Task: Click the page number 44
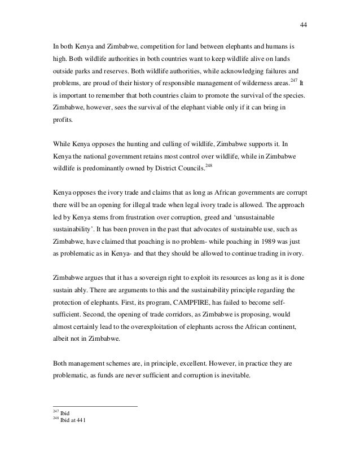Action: point(303,24)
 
